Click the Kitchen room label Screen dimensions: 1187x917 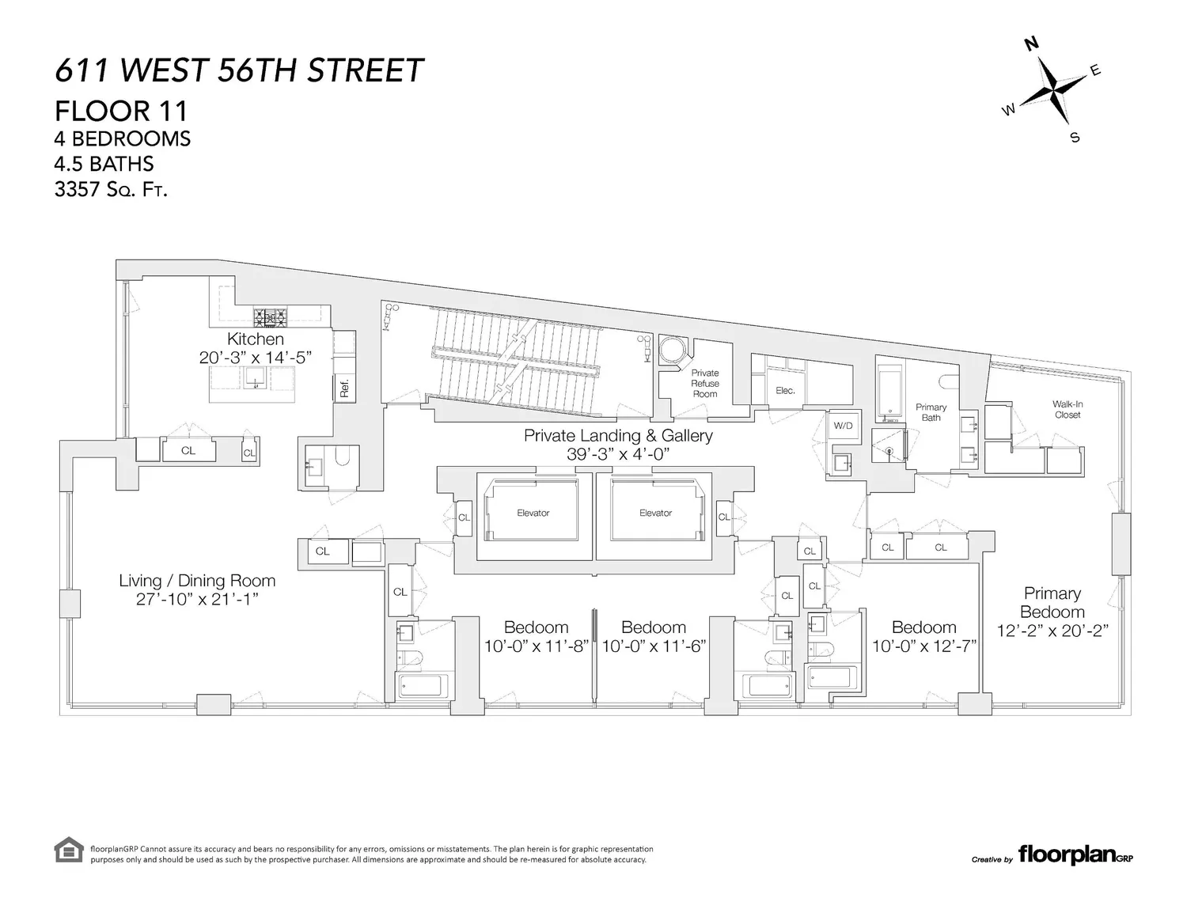click(x=255, y=339)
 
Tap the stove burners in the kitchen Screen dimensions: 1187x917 click(x=270, y=317)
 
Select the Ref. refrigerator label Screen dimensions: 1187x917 click(x=344, y=388)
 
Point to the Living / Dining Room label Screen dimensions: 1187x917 click(x=197, y=581)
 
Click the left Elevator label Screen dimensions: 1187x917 click(x=533, y=513)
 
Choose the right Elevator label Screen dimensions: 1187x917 click(x=655, y=513)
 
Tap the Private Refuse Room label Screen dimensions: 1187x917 click(x=704, y=384)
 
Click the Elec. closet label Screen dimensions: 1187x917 click(x=785, y=391)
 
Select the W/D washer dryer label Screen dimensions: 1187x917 click(x=843, y=426)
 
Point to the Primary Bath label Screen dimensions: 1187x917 click(x=931, y=412)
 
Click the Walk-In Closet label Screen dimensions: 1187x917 click(x=1068, y=410)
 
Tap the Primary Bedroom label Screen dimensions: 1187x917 click(x=1052, y=602)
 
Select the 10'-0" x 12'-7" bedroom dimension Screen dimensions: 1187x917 click(x=923, y=646)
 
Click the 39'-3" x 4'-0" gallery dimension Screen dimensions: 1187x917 click(x=618, y=454)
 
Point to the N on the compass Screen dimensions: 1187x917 click(x=1031, y=44)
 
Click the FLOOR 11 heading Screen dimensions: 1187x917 click(x=121, y=112)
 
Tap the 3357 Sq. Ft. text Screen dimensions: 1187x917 click(x=110, y=189)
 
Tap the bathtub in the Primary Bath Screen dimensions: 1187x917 click(x=890, y=389)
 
